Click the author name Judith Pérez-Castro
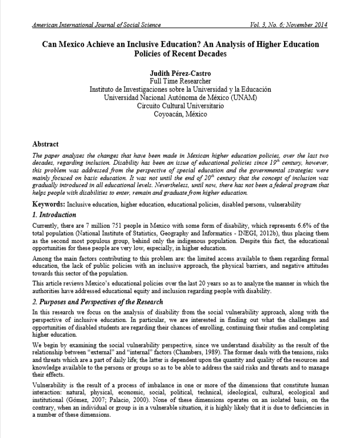point(180,72)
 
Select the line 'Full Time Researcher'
point(180,81)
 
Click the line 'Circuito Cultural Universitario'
point(180,105)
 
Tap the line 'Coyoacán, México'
point(180,114)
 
